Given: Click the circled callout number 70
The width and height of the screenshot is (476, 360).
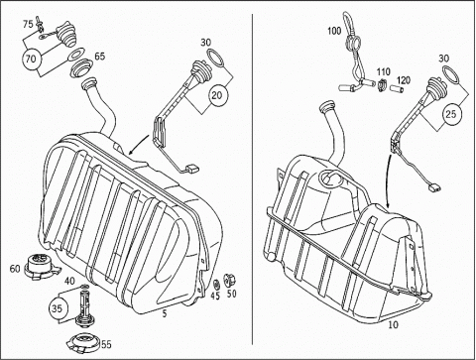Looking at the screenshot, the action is click(31, 60).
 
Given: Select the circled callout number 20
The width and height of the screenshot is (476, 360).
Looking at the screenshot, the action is click(217, 95).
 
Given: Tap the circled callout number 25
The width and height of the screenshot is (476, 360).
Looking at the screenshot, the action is click(451, 114).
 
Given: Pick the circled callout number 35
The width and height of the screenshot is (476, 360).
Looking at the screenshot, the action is click(57, 308).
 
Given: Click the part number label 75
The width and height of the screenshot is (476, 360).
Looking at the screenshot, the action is click(28, 24).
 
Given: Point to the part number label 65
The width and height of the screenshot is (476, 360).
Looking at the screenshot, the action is click(100, 56).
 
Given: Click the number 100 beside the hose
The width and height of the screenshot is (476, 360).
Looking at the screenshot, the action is click(334, 31).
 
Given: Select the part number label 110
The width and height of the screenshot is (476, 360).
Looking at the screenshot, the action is click(384, 71).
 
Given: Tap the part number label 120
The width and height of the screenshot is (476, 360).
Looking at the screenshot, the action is click(404, 80).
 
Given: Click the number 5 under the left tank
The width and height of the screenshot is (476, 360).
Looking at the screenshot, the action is click(165, 313).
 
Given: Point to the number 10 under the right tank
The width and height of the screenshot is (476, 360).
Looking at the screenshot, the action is click(393, 324).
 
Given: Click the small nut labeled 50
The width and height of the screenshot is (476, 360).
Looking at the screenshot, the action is click(229, 281).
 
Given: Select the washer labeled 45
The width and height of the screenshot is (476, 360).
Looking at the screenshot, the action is click(217, 285).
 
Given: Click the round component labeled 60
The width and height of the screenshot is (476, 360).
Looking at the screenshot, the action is click(41, 264).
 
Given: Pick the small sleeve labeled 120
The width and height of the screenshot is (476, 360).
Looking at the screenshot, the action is click(396, 89).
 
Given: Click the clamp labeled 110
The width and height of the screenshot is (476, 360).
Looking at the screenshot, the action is click(382, 84).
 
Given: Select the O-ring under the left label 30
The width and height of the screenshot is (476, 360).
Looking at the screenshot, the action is click(215, 57).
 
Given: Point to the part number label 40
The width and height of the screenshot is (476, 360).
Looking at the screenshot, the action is click(69, 282).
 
